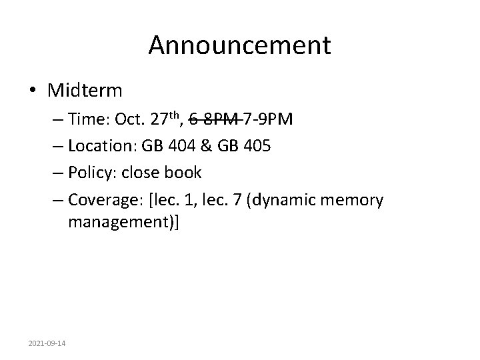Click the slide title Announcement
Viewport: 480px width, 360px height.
(x=239, y=45)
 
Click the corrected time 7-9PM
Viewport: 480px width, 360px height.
(x=267, y=119)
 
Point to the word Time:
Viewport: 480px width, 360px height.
(x=88, y=119)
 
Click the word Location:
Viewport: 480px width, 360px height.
(x=101, y=146)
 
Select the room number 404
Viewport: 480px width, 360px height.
(x=179, y=146)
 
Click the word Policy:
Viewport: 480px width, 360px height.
(x=93, y=172)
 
